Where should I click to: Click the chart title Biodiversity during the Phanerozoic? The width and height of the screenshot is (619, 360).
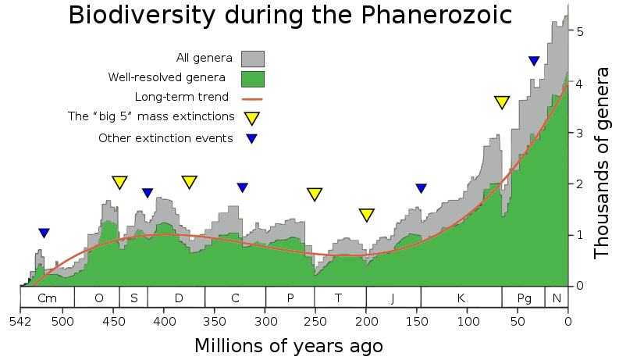290,16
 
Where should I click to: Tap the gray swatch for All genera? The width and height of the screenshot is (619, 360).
252,59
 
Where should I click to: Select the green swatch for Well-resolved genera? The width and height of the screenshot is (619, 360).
252,79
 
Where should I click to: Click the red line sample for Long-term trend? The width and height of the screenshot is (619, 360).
252,99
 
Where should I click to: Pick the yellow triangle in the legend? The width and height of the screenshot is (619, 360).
251,118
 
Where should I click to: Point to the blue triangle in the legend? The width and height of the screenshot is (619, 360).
251,139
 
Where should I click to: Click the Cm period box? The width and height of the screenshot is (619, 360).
47,298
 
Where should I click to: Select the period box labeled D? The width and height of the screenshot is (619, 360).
178,298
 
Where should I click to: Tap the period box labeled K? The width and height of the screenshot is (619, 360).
461,298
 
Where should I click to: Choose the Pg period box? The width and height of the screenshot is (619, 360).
524,298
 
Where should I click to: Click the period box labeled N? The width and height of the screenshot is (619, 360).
557,298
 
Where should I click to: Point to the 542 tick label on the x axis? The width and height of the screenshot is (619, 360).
20,320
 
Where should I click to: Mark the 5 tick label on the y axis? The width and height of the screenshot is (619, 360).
580,32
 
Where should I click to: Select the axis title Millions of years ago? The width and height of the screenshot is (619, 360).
288,345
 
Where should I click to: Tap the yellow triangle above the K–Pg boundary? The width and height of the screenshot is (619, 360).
502,102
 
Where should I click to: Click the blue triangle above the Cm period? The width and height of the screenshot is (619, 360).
44,233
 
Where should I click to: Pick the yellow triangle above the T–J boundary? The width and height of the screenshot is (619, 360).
367,215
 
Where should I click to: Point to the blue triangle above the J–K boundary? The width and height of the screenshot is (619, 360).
422,188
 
